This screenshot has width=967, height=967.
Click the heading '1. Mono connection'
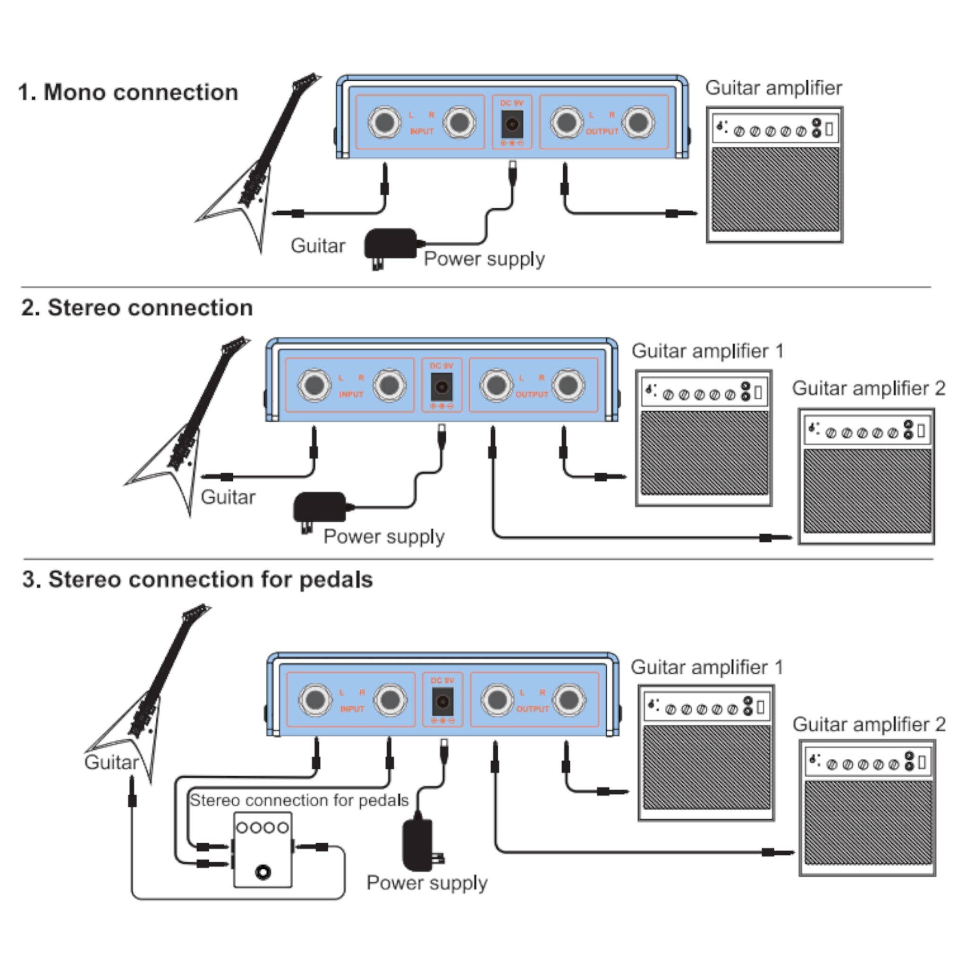(128, 93)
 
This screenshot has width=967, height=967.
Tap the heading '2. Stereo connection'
(136, 308)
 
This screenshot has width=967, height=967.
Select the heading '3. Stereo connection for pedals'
(198, 580)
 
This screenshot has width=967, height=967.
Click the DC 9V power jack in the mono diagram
(511, 124)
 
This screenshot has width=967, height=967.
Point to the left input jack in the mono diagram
(384, 123)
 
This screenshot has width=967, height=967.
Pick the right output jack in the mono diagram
(638, 123)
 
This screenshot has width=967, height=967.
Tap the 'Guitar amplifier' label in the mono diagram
(773, 88)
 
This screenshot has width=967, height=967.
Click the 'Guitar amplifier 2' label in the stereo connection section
(868, 389)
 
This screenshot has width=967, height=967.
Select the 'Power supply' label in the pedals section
(427, 883)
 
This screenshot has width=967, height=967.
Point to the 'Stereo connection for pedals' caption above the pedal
(299, 800)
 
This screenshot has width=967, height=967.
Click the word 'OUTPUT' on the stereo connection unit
(532, 394)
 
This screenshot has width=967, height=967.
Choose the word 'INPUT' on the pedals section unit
(352, 709)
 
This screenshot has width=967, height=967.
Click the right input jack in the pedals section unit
(390, 700)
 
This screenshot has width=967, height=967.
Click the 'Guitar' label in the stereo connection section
(228, 498)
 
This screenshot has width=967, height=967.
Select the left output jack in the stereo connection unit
(496, 385)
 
